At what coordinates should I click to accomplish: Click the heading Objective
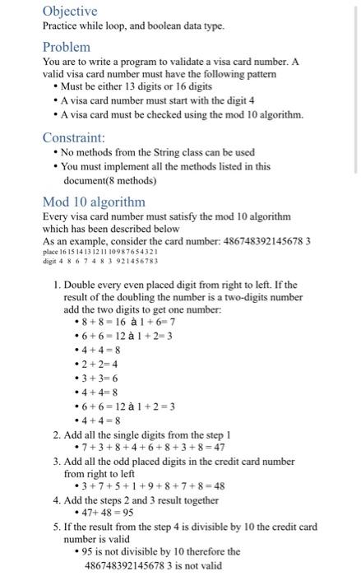coord(70,12)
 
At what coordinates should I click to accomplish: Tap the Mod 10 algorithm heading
coord(93,202)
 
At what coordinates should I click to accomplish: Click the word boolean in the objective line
coord(146,26)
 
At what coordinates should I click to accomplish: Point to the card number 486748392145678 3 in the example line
coord(261,240)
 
